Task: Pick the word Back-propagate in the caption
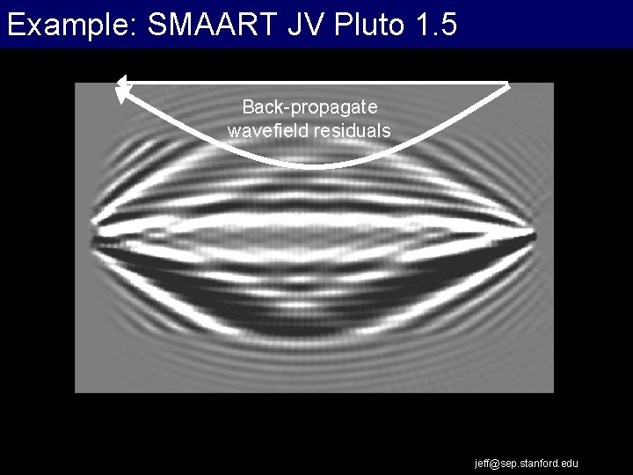(x=309, y=107)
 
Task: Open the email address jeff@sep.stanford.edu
(x=527, y=463)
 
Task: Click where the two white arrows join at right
(x=508, y=84)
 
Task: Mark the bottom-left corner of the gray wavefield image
(x=76, y=391)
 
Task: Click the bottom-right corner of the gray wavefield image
(x=553, y=391)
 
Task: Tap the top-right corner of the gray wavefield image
(x=553, y=84)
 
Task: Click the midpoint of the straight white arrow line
(x=315, y=83)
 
